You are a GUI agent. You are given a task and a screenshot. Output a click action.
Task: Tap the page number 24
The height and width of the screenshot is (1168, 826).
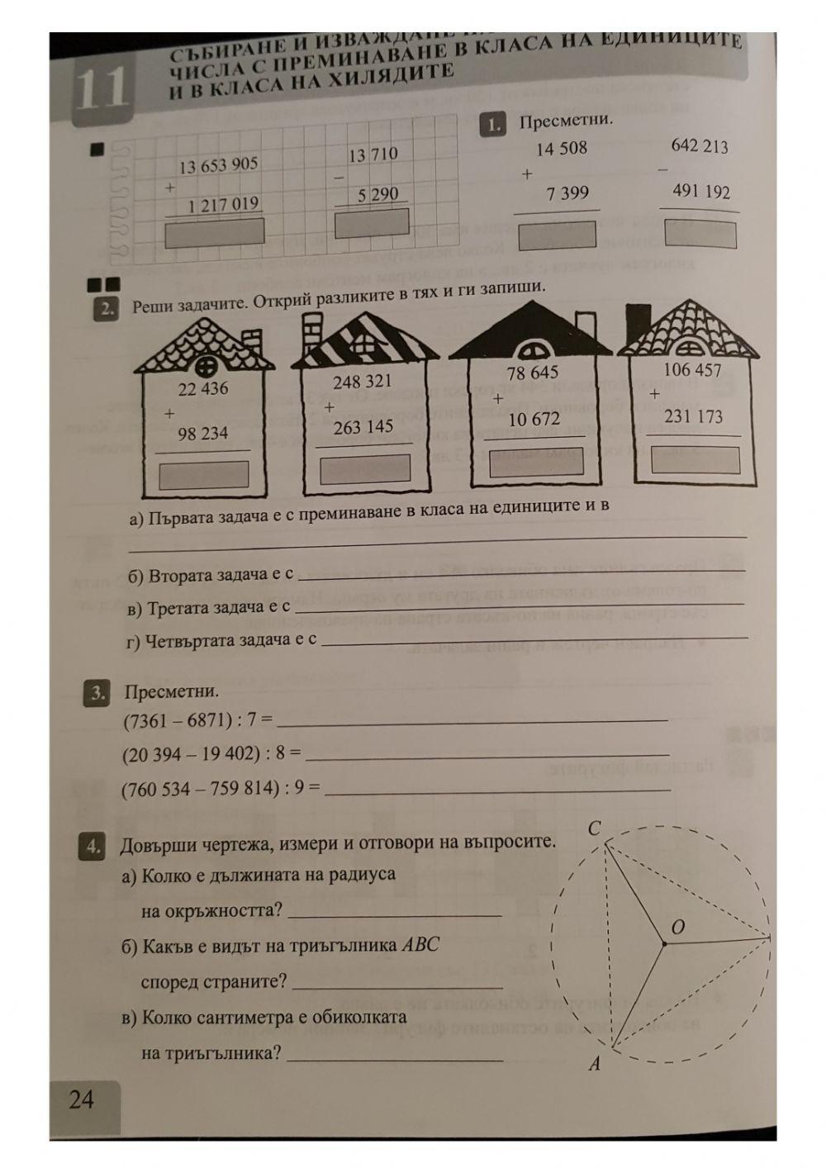point(82,1099)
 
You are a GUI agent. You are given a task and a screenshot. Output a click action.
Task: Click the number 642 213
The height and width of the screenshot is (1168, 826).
point(700,146)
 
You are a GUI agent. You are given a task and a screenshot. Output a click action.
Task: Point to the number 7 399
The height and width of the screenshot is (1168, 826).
point(567,193)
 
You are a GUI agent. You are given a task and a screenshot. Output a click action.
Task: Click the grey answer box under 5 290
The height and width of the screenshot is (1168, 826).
point(372,224)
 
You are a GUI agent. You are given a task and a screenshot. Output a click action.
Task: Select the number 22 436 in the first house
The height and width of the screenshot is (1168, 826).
point(203,389)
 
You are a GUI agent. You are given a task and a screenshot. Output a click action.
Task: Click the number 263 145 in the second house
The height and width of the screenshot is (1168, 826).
point(363,427)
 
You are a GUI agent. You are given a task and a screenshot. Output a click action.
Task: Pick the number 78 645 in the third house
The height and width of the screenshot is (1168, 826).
point(533,373)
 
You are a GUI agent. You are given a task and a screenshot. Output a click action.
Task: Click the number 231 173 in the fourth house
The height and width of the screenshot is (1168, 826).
point(694,416)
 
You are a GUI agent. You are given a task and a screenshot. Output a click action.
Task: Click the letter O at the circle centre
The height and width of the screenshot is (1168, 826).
point(677,928)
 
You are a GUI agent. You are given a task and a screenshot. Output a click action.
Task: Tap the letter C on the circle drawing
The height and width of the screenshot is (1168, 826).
point(595,828)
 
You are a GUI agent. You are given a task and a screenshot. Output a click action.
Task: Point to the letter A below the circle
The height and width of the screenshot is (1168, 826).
point(594,1066)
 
